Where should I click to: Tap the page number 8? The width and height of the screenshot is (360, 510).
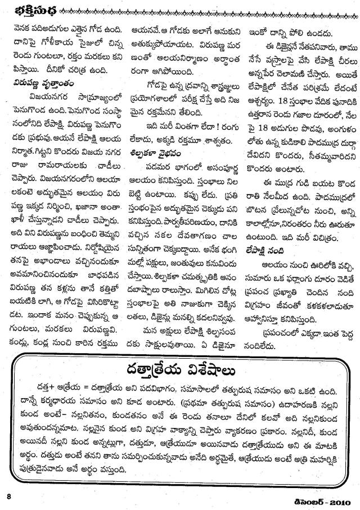[9, 496]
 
